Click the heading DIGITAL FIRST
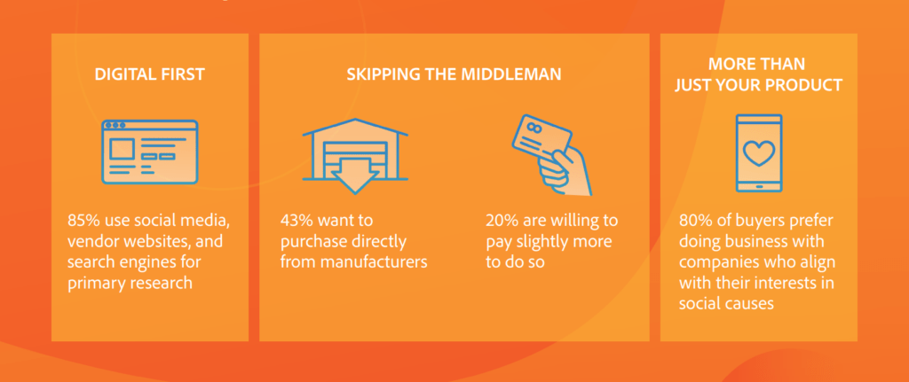point(149,74)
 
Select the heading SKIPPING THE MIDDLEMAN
point(453,74)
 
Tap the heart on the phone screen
point(759,152)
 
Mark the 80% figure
point(695,219)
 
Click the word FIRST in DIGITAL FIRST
point(182,74)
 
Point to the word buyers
point(752,219)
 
